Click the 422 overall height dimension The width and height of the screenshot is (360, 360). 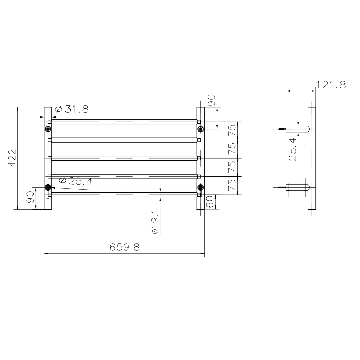click(12, 158)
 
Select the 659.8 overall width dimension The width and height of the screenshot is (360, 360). click(124, 247)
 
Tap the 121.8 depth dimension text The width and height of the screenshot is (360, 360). click(331, 85)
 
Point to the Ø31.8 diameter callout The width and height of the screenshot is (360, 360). click(71, 109)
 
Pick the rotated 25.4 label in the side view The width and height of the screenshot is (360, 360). click(293, 149)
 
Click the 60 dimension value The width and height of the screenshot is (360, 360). click(210, 202)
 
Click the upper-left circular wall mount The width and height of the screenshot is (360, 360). click(48, 129)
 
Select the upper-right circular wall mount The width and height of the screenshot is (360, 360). click(201, 129)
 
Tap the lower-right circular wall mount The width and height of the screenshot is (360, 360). click(201, 187)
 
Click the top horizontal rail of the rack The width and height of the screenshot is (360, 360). click(124, 122)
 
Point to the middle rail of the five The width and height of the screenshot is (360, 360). click(124, 158)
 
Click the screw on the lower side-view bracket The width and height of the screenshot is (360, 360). click(282, 187)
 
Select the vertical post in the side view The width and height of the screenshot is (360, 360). click(312, 158)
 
